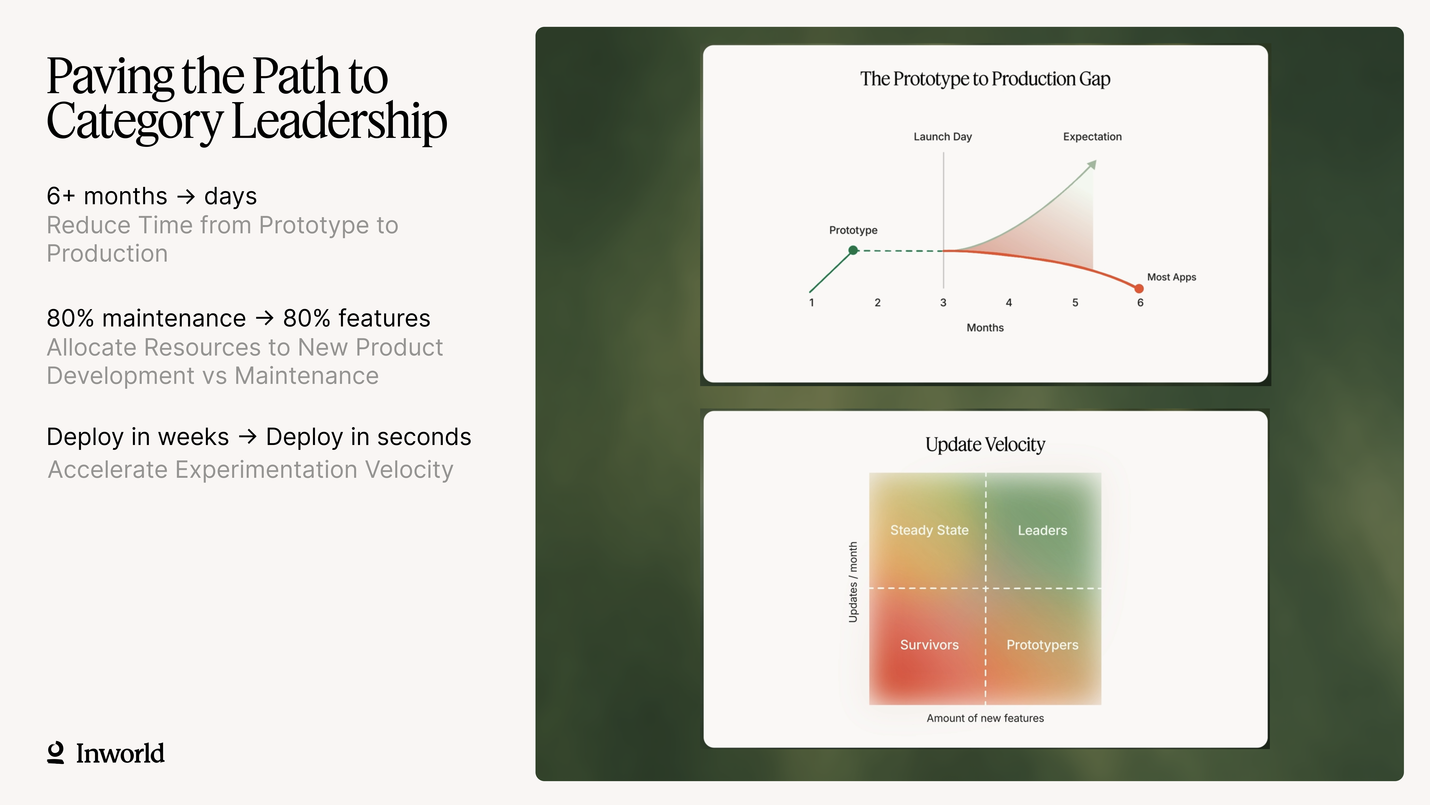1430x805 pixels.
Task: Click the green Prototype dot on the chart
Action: point(853,251)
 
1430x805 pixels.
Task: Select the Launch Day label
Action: point(943,137)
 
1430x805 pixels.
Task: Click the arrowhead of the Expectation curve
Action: point(1092,164)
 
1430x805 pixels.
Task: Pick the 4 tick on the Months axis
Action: point(1009,303)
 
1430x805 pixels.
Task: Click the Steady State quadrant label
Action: point(929,531)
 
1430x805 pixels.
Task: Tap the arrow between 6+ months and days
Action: point(186,197)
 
